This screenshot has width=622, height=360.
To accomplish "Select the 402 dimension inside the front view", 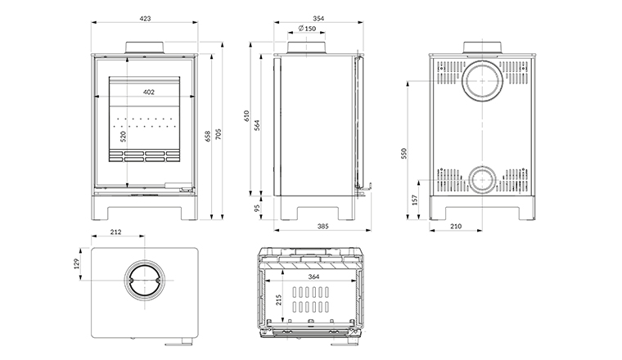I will pyautogui.click(x=148, y=92).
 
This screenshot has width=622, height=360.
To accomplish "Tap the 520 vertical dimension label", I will pyautogui.click(x=123, y=137).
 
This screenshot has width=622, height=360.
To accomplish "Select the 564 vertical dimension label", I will pyautogui.click(x=259, y=124).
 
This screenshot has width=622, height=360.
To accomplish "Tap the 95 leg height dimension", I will pyautogui.click(x=259, y=209).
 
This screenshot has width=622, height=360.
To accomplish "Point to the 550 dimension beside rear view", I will pyautogui.click(x=406, y=153).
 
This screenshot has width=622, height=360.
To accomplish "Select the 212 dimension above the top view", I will pyautogui.click(x=115, y=233).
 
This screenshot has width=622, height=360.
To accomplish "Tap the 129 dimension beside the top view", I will pyautogui.click(x=78, y=263).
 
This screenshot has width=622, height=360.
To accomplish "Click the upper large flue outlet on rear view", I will pyautogui.click(x=483, y=82).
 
